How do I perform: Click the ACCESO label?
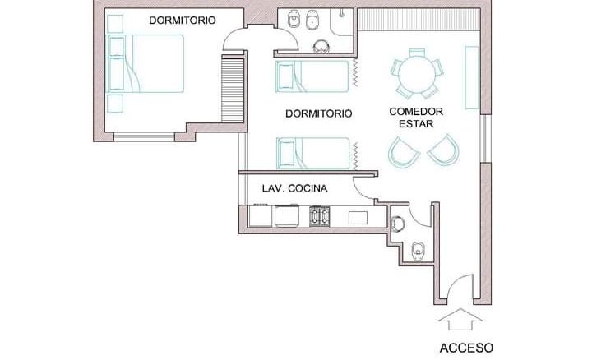(x=466, y=348)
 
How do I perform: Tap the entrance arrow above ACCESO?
(x=460, y=319)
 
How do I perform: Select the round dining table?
(x=417, y=74)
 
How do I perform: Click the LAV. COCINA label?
(x=294, y=188)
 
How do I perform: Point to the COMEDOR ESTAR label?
(x=416, y=118)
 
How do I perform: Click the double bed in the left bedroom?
(x=146, y=63)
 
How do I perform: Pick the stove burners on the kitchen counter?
(x=319, y=216)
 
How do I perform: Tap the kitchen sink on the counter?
(x=358, y=218)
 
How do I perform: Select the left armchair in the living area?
(x=403, y=152)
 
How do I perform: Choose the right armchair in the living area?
(x=444, y=150)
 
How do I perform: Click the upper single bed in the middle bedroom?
(x=312, y=76)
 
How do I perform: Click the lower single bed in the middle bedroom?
(x=313, y=153)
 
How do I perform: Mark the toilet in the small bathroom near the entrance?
(x=418, y=251)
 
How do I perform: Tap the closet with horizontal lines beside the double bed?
(x=232, y=90)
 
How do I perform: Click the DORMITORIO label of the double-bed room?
(x=183, y=21)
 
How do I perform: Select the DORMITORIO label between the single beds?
(x=319, y=113)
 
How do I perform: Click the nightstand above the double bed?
(x=115, y=24)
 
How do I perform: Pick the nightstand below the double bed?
(x=115, y=104)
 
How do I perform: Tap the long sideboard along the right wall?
(x=472, y=77)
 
